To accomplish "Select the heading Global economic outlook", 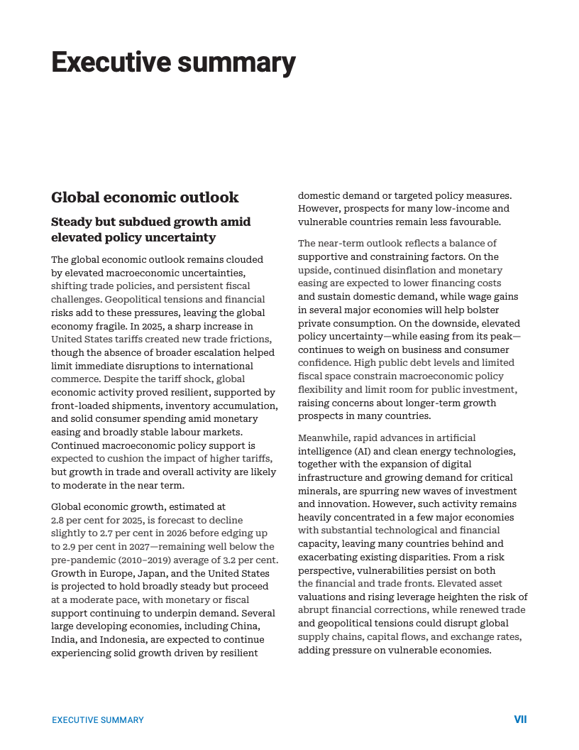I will [x=145, y=197].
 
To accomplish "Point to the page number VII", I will [x=520, y=719].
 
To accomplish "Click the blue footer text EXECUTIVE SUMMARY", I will [x=98, y=720].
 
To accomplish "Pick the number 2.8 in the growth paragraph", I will [x=60, y=521].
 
